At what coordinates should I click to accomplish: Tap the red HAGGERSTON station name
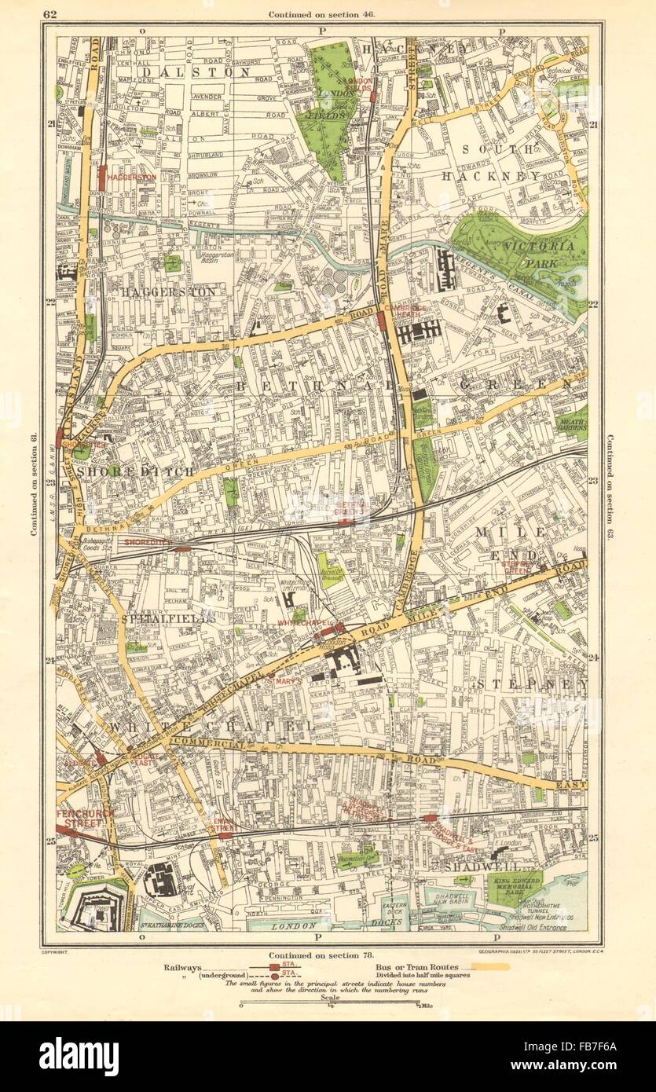pyautogui.click(x=132, y=178)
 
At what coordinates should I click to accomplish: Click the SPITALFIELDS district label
pyautogui.click(x=167, y=619)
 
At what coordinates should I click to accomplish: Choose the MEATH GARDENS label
pyautogui.click(x=572, y=426)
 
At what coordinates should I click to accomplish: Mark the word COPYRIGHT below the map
pyautogui.click(x=71, y=951)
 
